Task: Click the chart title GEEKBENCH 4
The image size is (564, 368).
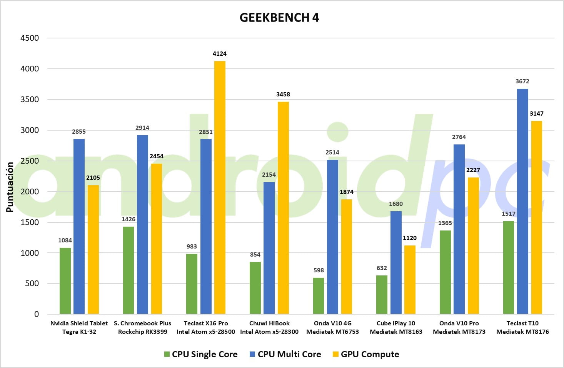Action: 279,18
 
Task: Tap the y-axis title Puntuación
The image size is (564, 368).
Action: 10,187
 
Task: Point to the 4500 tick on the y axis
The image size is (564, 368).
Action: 30,38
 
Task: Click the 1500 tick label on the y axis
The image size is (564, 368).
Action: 30,222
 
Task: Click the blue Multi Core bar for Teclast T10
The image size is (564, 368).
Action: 522,201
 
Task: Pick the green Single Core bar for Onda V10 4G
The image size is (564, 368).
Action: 319,296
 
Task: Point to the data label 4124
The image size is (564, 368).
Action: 220,54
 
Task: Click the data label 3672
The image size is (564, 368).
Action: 522,81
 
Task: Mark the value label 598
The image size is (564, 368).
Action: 319,270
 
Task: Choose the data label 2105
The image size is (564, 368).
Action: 93,178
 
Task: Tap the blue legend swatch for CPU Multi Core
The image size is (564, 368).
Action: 253,354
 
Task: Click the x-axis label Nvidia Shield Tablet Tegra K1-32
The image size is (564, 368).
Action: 79,327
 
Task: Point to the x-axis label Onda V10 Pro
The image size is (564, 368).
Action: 459,323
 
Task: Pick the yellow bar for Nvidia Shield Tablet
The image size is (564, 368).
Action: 93,249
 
